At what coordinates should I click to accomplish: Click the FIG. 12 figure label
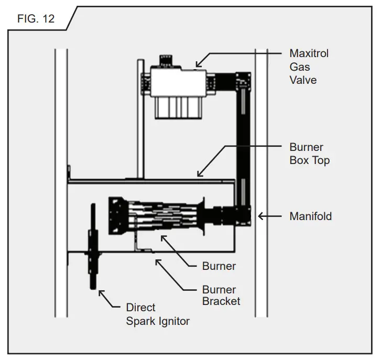click(35, 19)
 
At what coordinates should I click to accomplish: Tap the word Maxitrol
click(309, 53)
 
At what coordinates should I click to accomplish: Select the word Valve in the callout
click(303, 80)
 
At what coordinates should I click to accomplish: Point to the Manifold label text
click(310, 216)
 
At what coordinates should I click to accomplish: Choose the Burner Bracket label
click(221, 296)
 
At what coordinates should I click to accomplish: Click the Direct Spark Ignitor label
click(157, 314)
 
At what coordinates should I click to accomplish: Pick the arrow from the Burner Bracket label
click(173, 275)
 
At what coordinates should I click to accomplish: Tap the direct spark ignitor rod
click(93, 246)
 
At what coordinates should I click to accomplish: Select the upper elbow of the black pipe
click(243, 81)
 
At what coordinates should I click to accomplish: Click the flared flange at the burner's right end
click(202, 215)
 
